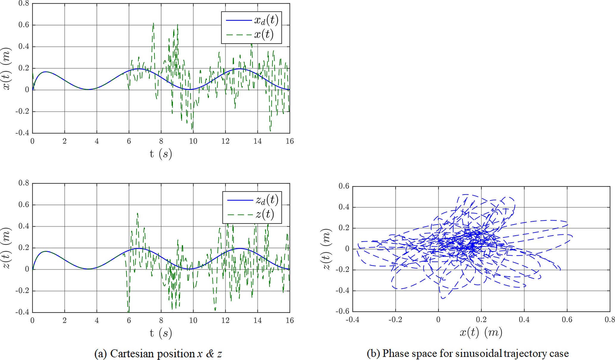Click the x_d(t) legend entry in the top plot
pos(266,20)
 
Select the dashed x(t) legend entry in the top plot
pos(264,35)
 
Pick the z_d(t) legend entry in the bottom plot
pos(267,200)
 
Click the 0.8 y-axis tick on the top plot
pos(24,4)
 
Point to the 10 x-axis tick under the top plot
pos(193,141)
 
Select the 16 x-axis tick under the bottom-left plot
pos(289,320)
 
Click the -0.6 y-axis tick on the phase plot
pos(342,311)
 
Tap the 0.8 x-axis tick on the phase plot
pos(609,320)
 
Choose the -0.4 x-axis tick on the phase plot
pos(352,320)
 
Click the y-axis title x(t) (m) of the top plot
pos(7,68)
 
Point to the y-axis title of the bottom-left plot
pos(7,248)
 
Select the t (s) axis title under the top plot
pos(161,154)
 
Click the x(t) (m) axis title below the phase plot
pos(481,332)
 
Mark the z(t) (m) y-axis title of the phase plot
pos(327,249)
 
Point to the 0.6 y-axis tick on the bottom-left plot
pos(24,205)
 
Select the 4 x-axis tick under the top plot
pos(97,141)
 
